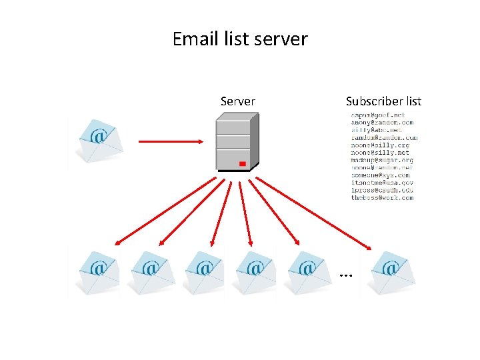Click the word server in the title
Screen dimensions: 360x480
click(285, 39)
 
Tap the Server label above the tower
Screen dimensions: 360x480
click(237, 101)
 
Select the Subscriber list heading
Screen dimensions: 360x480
click(383, 101)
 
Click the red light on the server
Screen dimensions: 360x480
click(243, 163)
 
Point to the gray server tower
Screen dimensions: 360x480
click(236, 143)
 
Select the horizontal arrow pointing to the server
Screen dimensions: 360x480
click(170, 141)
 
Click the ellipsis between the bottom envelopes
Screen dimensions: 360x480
click(345, 274)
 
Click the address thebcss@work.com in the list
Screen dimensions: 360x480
click(382, 197)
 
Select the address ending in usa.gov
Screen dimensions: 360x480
click(382, 182)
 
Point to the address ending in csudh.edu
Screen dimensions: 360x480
click(382, 190)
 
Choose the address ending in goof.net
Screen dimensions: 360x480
click(378, 115)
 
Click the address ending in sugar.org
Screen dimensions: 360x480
click(382, 160)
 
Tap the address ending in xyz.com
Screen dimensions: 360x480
click(380, 175)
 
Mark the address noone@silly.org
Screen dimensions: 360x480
click(380, 145)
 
